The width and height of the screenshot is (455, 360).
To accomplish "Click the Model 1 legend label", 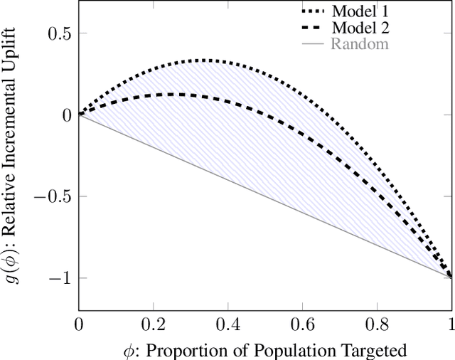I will (359, 11).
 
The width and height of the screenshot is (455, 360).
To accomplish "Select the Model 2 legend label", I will (359, 28).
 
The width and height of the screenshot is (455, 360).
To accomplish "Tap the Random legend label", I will (360, 44).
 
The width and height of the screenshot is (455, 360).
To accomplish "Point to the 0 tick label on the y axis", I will (67, 115).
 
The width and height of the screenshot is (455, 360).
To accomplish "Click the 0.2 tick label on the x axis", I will (153, 324).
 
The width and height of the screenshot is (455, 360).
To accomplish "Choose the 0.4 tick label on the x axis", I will (227, 324).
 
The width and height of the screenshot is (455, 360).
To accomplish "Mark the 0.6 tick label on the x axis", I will (302, 324).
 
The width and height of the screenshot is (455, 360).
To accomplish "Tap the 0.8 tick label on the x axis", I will (378, 324).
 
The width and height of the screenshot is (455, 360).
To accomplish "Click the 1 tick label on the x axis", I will (451, 324).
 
